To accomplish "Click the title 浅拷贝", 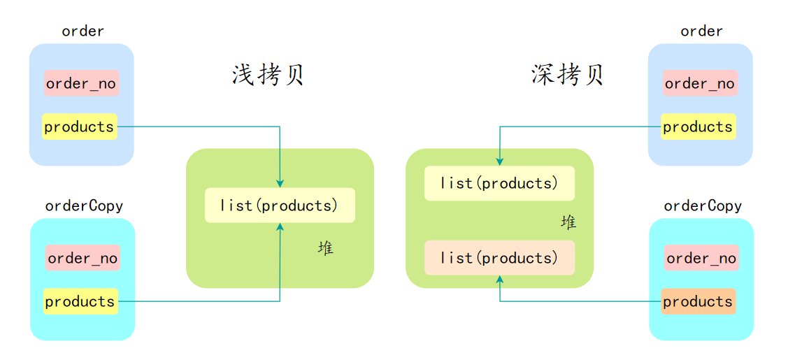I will pos(268,75).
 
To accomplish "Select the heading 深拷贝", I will pos(567,75).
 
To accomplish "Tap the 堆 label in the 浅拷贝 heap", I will pos(325,248).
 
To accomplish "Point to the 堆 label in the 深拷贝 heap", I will pos(568,222).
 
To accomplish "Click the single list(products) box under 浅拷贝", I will pos(280,206).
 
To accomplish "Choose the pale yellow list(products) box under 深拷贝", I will pos(499,183).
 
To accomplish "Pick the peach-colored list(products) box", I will pos(499,258).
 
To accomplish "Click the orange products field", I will pos(698,301).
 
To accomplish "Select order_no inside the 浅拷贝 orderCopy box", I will pos(83,258).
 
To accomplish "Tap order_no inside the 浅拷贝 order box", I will pos(81,84).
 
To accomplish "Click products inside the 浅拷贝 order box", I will pos(79,127).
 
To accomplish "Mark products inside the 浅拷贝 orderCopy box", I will pos(80,301).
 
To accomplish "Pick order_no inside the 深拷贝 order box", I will pos(700,84).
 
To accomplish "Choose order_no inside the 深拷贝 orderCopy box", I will pos(701,258).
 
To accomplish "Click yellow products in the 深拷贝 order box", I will pos(698,127).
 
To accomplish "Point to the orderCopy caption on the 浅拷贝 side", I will pos(84,206).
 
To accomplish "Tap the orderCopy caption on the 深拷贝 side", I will pos(703,206).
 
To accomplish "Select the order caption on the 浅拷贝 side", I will pos(83,31).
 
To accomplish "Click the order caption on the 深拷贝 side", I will pos(701,31).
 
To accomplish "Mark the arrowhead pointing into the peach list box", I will pos(500,279).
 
